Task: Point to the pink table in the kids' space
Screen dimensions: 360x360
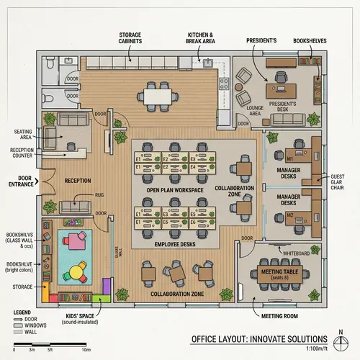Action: (x=74, y=241)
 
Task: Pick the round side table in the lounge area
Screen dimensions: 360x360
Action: (x=253, y=96)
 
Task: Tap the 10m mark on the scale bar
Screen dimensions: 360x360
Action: (x=86, y=349)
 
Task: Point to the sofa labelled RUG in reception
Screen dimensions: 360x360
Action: (x=74, y=207)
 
